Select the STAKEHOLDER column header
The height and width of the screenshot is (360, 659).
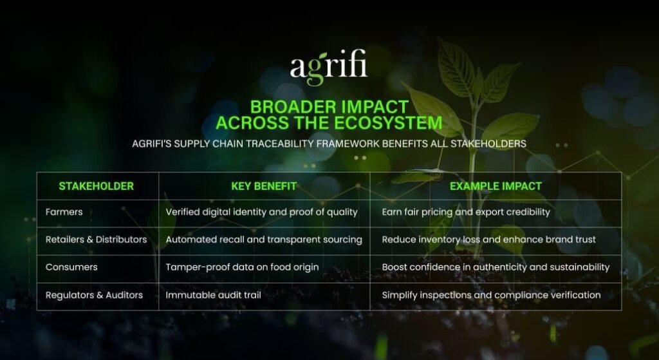96,186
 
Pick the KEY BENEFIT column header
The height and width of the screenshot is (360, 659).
264,186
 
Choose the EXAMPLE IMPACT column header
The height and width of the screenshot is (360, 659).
496,186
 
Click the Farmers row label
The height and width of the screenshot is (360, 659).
64,212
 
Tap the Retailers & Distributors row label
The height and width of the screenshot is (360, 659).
96,240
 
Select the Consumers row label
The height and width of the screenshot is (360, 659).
71,267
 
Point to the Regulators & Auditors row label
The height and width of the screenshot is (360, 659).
94,295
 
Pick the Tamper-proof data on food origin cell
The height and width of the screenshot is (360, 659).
242,267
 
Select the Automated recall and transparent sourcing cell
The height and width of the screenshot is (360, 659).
264,240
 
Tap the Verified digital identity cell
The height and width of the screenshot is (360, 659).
262,212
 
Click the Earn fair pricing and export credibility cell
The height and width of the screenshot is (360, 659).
466,212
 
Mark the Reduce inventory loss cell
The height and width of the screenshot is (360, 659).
488,240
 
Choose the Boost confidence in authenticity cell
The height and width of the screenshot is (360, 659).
496,267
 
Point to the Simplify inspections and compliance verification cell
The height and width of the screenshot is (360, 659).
491,295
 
